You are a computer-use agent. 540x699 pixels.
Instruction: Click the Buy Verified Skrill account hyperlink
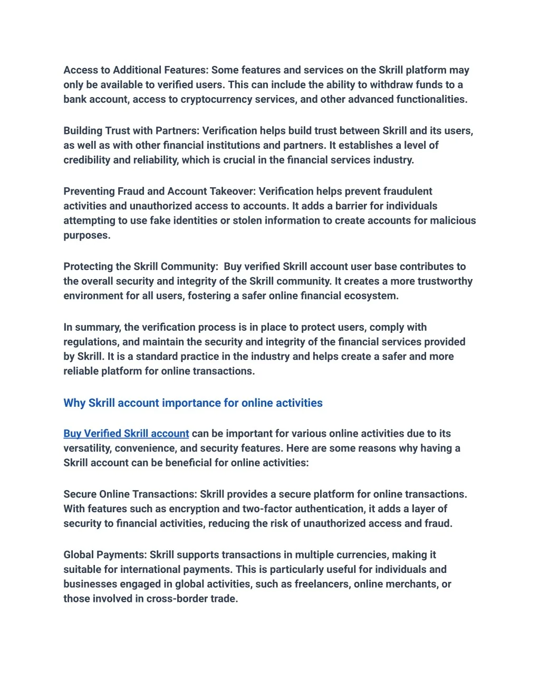(126, 434)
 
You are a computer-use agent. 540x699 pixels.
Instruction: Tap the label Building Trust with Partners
(132, 131)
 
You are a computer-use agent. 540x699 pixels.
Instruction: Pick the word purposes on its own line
(86, 235)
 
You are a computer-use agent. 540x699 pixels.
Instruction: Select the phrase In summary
(92, 327)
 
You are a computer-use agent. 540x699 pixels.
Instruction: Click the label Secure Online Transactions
(130, 494)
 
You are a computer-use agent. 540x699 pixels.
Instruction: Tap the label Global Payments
(104, 555)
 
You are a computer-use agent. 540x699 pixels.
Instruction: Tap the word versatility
(87, 448)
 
